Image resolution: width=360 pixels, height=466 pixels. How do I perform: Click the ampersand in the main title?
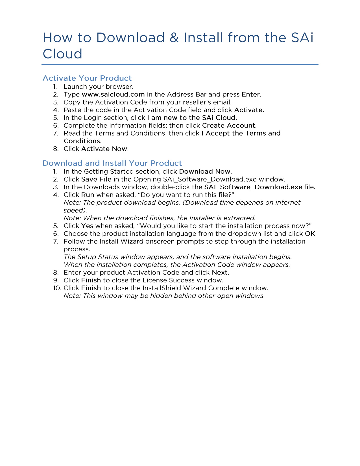(174, 38)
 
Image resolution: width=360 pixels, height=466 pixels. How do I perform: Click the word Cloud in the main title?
(62, 54)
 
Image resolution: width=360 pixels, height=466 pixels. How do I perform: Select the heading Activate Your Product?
(87, 78)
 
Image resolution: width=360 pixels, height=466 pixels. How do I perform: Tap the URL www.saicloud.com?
(113, 94)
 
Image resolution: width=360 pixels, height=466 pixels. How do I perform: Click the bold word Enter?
(251, 94)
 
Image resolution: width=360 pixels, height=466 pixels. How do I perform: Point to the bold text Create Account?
(229, 125)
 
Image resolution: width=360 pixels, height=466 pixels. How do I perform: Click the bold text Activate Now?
(104, 149)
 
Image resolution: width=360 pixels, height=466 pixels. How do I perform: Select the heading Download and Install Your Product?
(112, 163)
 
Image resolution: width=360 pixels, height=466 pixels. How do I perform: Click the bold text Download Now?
(205, 171)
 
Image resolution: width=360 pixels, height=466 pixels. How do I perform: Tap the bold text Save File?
(96, 179)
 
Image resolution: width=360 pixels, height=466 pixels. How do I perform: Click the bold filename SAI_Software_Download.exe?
(253, 187)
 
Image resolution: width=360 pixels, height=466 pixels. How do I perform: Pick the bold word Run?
(88, 195)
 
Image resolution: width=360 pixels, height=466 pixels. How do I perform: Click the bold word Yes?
(87, 226)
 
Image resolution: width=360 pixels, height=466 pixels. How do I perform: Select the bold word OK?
(310, 234)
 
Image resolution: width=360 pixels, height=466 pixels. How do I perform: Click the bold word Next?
(220, 273)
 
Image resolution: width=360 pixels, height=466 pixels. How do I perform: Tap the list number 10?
(57, 288)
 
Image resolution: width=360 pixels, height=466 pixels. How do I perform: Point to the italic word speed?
(75, 210)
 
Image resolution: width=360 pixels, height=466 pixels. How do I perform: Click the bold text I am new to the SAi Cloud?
(191, 118)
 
